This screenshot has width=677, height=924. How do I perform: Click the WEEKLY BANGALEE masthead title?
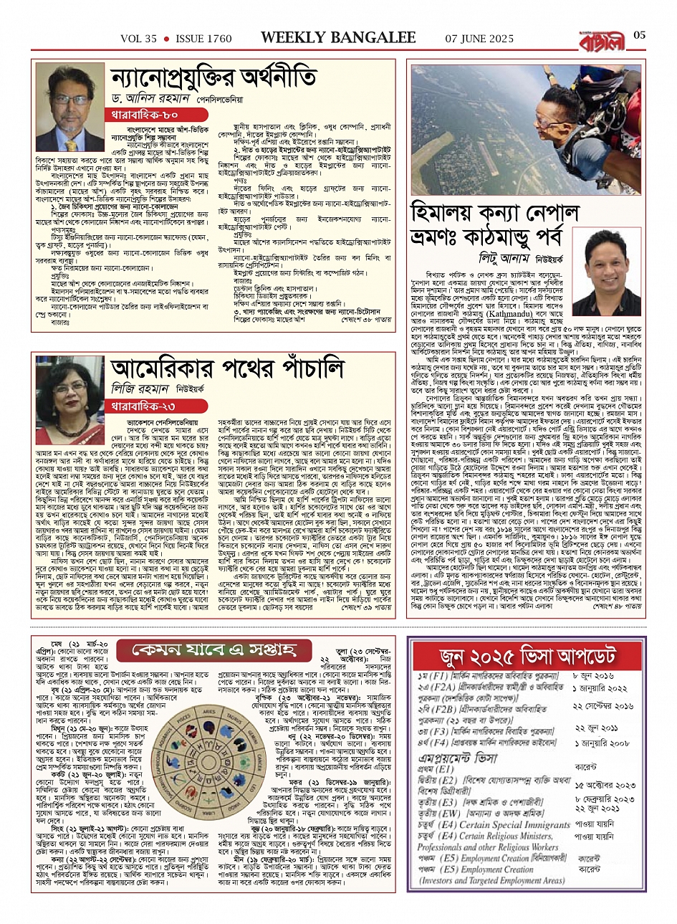click(x=338, y=37)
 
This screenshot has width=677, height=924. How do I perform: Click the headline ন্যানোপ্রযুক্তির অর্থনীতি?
click(x=213, y=76)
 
